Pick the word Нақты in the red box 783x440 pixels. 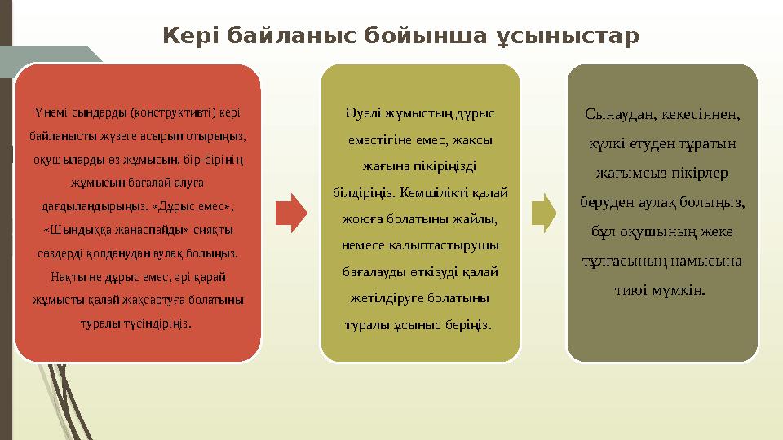pyautogui.click(x=64, y=277)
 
